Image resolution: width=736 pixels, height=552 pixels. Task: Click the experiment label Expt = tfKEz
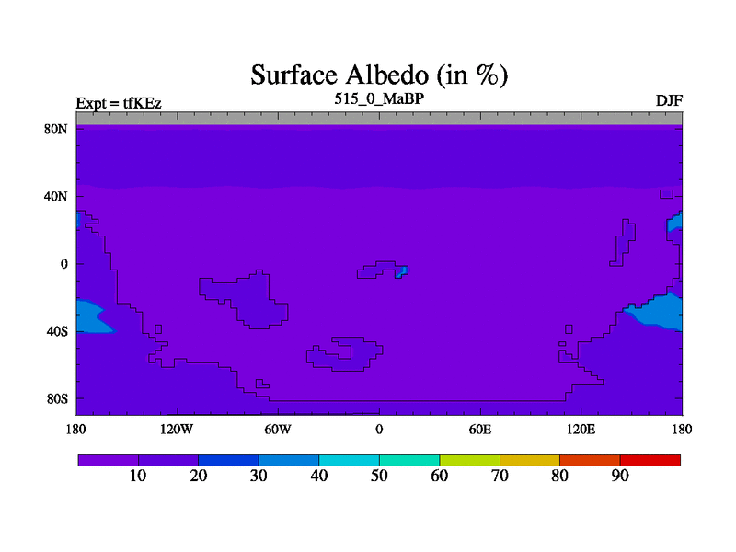click(119, 103)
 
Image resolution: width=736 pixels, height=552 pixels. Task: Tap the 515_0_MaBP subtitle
click(379, 99)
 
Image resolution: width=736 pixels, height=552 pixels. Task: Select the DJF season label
click(669, 101)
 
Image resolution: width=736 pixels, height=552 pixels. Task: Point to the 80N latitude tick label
click(56, 129)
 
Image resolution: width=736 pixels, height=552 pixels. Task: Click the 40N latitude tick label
click(56, 196)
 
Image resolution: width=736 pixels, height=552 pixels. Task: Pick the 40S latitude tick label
click(57, 331)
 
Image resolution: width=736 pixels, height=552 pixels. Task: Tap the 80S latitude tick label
click(57, 399)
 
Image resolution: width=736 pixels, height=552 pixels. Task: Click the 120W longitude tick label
click(177, 430)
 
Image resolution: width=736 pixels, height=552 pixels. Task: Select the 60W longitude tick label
click(278, 430)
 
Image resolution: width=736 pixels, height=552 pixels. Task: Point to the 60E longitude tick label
click(480, 430)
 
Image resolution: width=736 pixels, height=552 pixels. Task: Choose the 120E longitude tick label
click(581, 430)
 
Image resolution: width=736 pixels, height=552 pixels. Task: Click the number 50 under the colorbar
click(379, 476)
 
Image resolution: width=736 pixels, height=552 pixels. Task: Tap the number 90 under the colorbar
click(620, 476)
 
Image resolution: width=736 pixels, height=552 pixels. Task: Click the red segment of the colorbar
click(650, 461)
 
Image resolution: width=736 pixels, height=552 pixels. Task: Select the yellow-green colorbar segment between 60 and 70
click(469, 461)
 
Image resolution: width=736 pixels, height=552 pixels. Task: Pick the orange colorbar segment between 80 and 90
click(590, 461)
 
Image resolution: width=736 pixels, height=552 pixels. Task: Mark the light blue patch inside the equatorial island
click(402, 271)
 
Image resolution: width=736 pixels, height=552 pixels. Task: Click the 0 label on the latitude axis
click(64, 264)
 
